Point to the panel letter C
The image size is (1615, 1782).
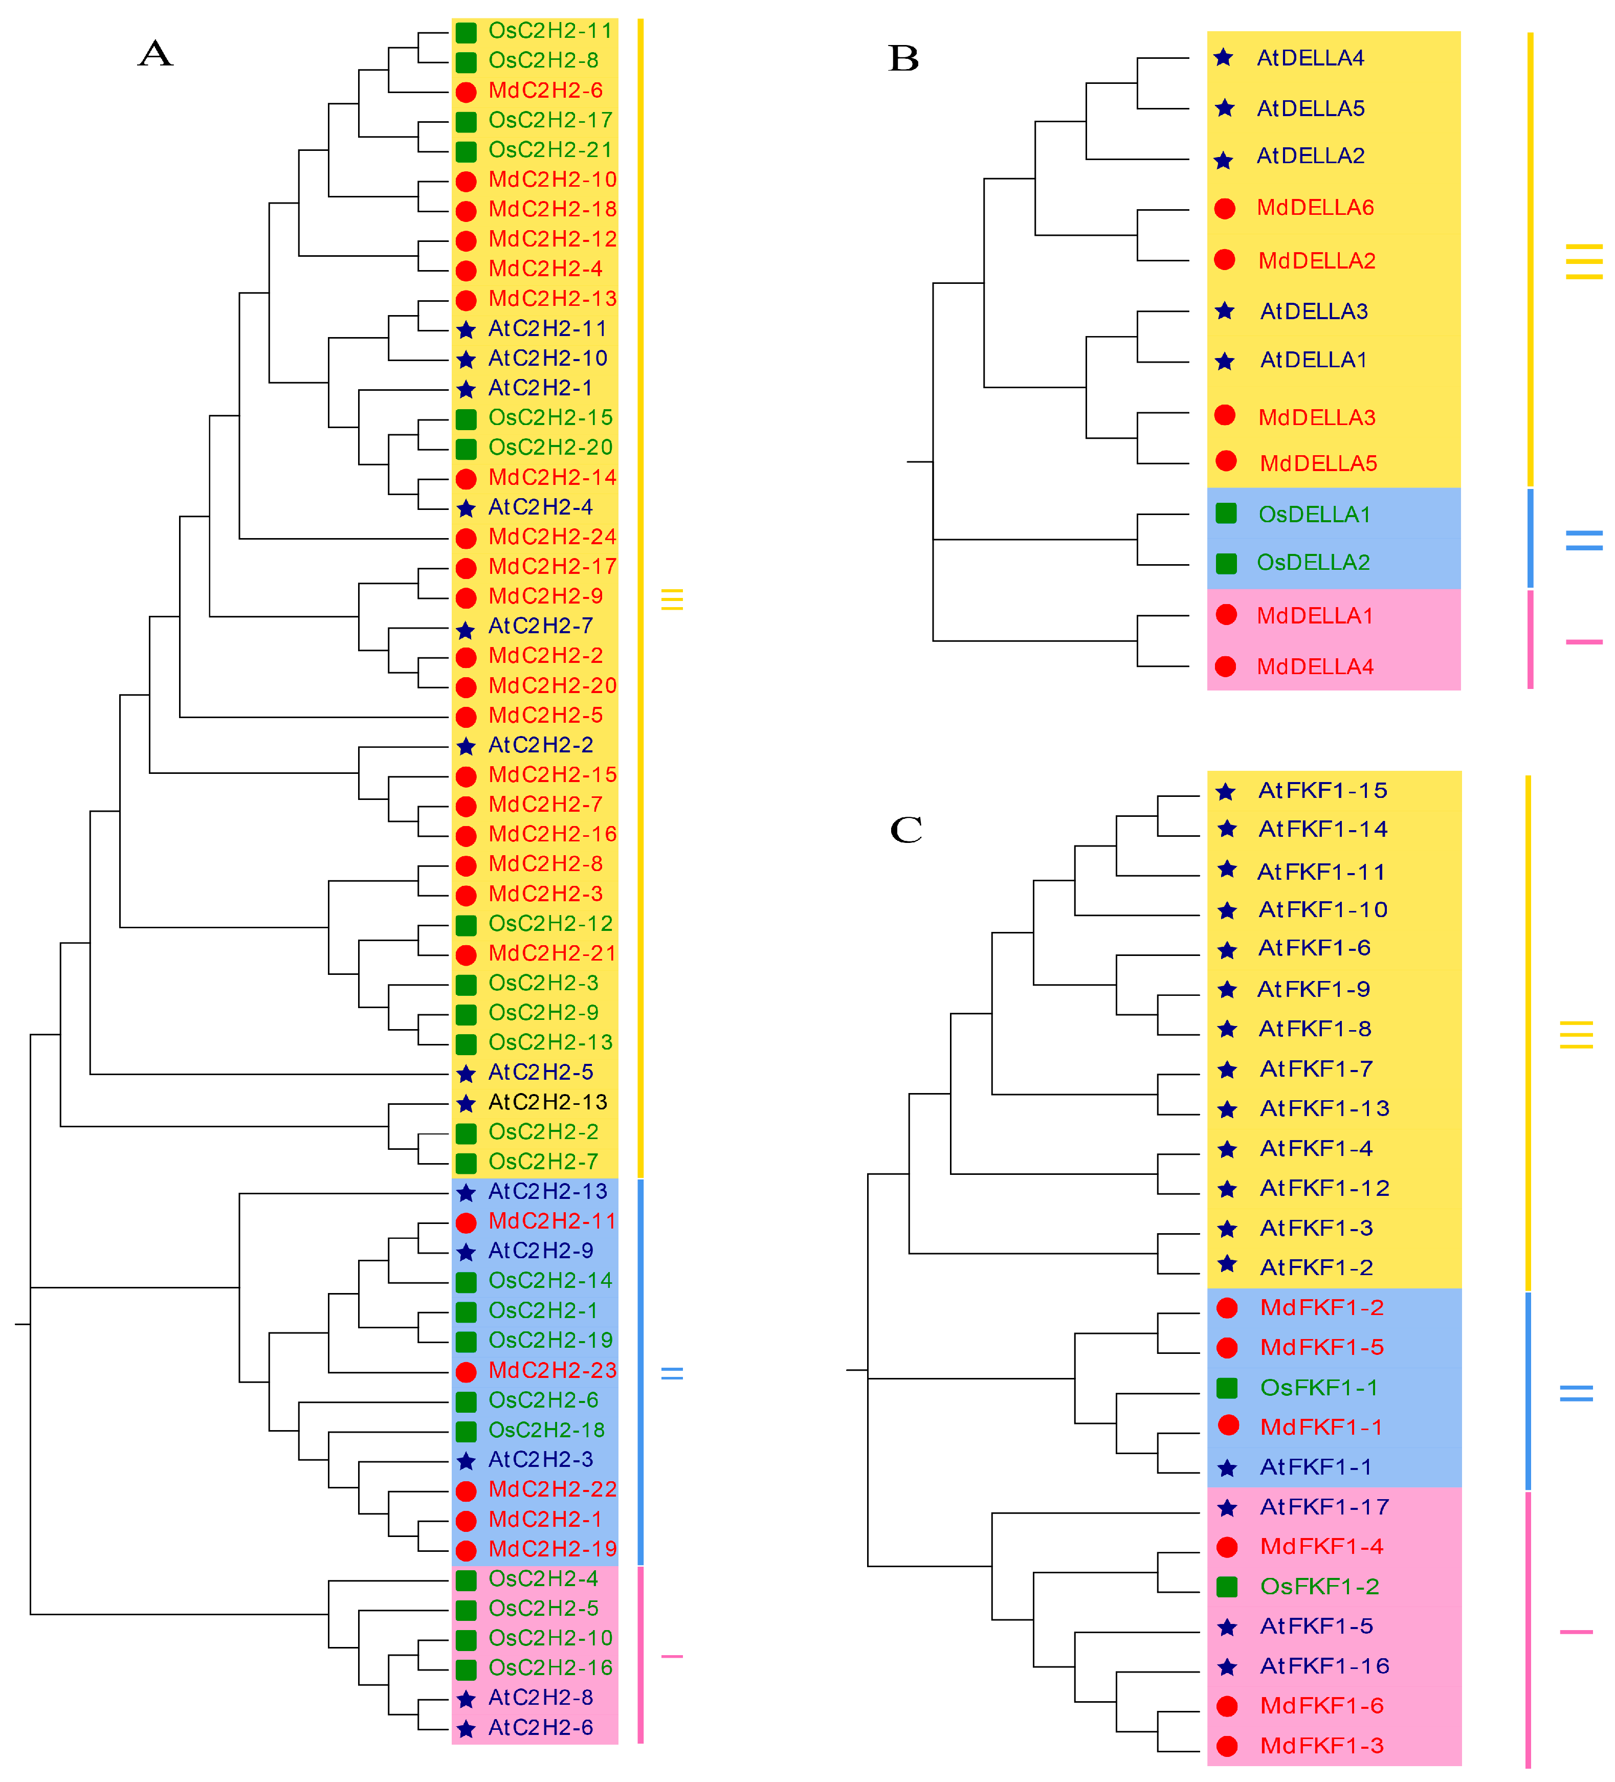tap(906, 829)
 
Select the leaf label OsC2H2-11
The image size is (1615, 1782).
tap(550, 31)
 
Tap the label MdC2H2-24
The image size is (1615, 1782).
tap(551, 537)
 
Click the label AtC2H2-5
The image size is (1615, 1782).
tap(540, 1072)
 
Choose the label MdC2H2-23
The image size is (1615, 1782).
tap(551, 1370)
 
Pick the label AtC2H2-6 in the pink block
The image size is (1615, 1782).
tap(540, 1727)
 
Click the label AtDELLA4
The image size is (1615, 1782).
tap(1310, 58)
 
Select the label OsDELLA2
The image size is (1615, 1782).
tap(1313, 562)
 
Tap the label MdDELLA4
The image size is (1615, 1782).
tap(1314, 666)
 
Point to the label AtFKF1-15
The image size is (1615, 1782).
tap(1322, 790)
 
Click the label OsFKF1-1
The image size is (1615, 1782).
tap(1319, 1388)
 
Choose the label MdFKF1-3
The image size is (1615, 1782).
tap(1321, 1746)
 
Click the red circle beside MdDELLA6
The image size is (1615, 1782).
tap(1224, 209)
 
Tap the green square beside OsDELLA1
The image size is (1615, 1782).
tap(1226, 514)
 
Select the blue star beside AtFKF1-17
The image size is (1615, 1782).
tap(1227, 1508)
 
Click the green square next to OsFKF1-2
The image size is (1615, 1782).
tap(1227, 1587)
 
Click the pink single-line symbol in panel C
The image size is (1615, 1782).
tap(1575, 1632)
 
